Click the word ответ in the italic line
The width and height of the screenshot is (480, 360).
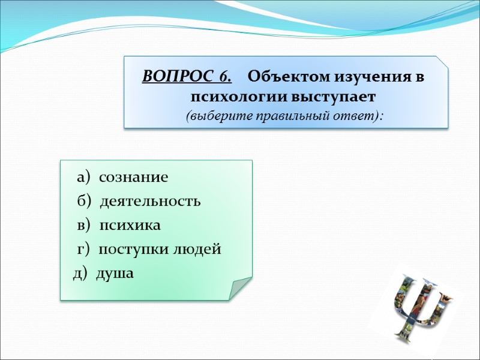358,115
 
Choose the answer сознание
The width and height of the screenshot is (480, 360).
133,178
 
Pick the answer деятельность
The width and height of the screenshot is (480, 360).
150,202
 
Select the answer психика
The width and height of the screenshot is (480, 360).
130,226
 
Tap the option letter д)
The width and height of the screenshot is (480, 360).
80,274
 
